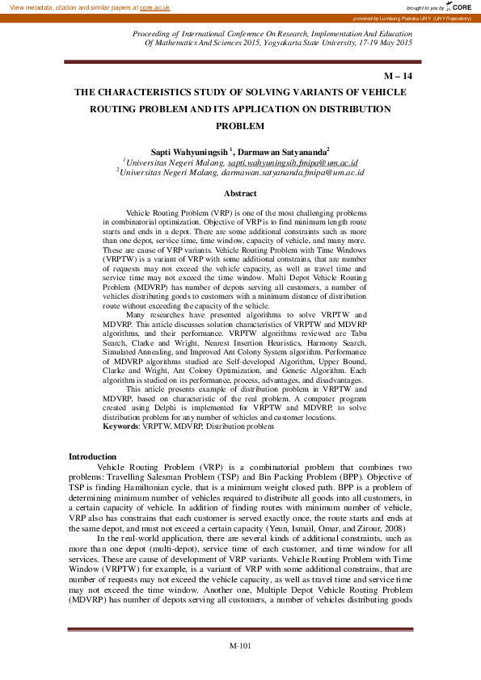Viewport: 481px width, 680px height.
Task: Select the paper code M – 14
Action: click(x=399, y=76)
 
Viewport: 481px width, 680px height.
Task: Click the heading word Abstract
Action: click(x=240, y=194)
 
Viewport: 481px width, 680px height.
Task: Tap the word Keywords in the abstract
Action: click(x=120, y=426)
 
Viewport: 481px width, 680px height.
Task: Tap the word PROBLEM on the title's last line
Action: click(x=240, y=126)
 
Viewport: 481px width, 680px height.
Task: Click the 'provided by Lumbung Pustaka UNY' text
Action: click(x=412, y=18)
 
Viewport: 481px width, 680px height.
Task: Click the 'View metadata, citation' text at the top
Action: click(x=49, y=6)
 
